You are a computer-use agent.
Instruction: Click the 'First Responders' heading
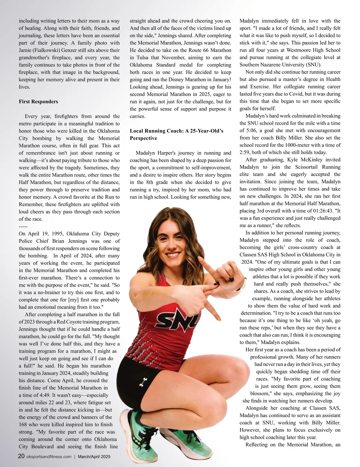[x=38, y=102]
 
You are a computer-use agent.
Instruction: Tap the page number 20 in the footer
[x=21, y=456]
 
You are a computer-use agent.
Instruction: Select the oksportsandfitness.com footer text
[x=49, y=457]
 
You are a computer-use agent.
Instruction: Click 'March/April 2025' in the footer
[x=94, y=457]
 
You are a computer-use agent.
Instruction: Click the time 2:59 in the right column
[x=245, y=152]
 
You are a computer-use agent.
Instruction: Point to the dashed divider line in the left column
[x=23, y=226]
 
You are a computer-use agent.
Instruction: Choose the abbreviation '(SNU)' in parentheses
[x=314, y=65]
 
